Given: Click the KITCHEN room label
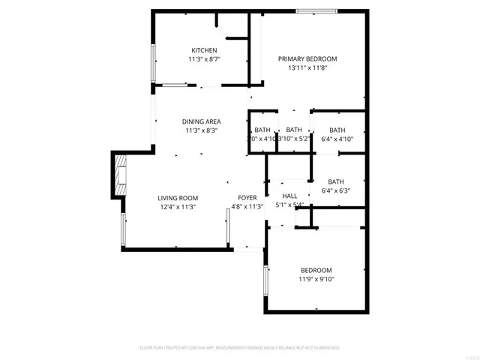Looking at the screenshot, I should tap(204, 50).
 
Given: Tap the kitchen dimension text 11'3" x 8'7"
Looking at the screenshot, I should tap(204, 58).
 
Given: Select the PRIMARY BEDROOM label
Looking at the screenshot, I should tap(307, 58).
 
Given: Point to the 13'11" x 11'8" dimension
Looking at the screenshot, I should tap(307, 67).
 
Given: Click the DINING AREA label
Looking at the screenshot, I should tap(201, 121).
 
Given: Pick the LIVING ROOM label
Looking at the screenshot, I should tap(177, 198).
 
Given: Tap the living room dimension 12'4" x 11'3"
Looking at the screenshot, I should tap(177, 207).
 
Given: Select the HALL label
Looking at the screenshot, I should tap(289, 196).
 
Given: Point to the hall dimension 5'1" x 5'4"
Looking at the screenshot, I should tap(289, 205).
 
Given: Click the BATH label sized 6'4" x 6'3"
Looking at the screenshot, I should tap(335, 181).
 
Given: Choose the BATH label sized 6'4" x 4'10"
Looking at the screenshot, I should tap(337, 130).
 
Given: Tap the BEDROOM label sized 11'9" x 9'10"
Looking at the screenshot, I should tap(316, 270).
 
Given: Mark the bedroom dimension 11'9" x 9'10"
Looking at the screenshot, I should tap(316, 279).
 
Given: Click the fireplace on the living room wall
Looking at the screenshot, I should tap(118, 175).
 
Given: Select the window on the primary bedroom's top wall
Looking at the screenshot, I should tap(316, 10).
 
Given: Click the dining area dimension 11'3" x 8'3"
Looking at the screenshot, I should tap(201, 130).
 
